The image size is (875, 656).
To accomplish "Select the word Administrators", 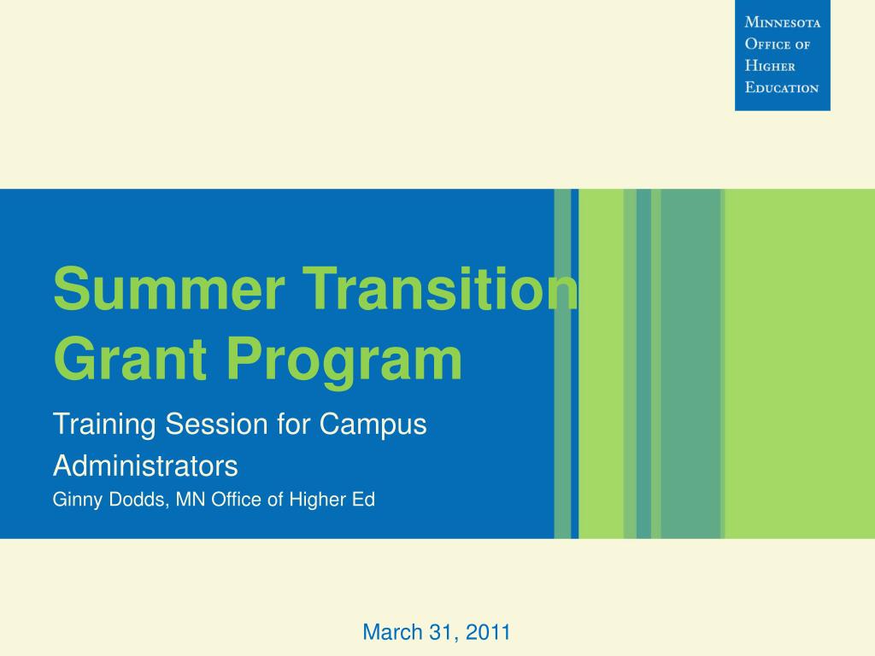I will (x=145, y=466).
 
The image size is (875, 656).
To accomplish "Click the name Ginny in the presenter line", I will (x=79, y=501).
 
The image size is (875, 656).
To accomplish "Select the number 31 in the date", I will (x=441, y=632).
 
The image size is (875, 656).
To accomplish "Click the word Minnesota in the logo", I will (x=782, y=23).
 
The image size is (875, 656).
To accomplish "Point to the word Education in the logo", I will (x=781, y=87).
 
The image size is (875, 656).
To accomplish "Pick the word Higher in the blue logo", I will (x=770, y=66).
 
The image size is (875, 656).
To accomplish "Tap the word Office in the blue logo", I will (x=767, y=44).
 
